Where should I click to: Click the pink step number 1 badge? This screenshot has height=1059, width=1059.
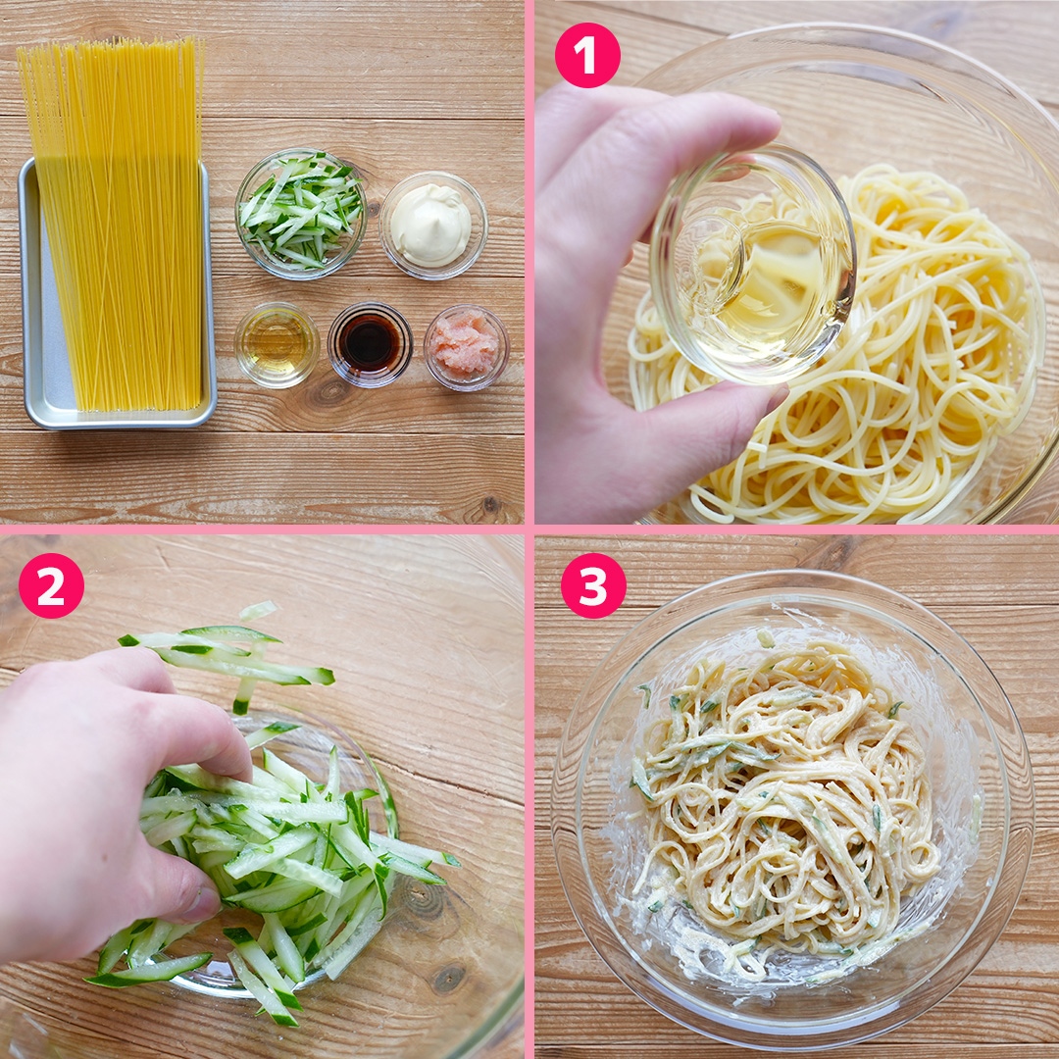tap(587, 55)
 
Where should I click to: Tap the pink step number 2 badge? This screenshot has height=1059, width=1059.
tap(51, 585)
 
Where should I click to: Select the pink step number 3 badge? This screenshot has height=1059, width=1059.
tap(593, 585)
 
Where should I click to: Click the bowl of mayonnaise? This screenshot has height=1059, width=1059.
tap(433, 225)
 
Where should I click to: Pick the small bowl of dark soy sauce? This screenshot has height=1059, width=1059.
tap(370, 344)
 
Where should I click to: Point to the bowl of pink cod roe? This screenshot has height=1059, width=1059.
tap(466, 347)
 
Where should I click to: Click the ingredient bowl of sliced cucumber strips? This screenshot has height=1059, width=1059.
tap(301, 214)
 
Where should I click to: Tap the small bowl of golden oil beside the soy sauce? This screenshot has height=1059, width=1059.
tap(277, 344)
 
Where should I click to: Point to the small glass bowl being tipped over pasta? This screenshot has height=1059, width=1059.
tap(753, 266)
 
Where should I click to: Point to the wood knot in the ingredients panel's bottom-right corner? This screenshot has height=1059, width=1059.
tap(490, 504)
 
